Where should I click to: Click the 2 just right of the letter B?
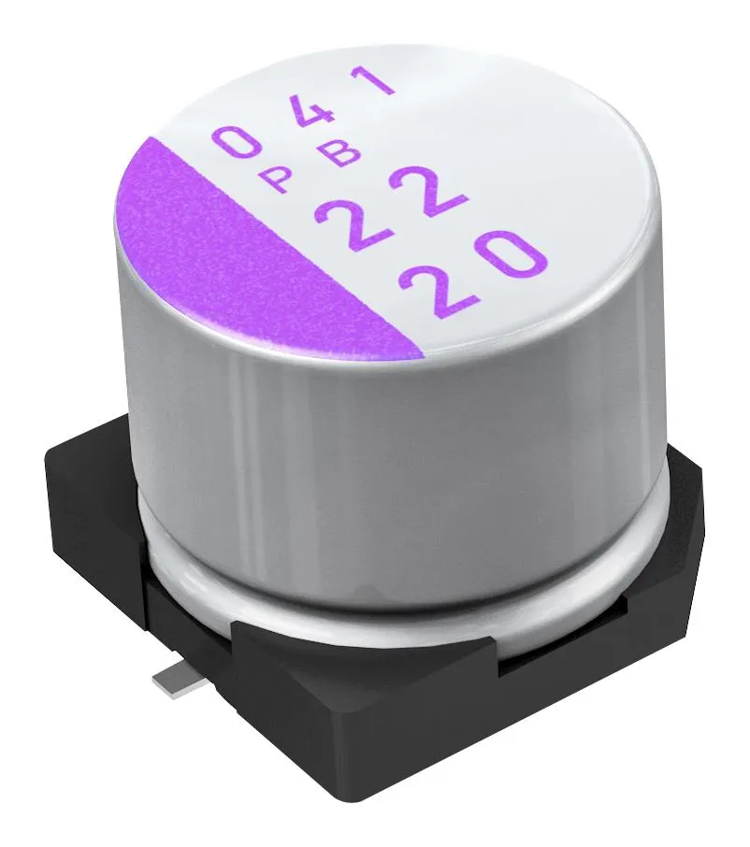click(x=425, y=193)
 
